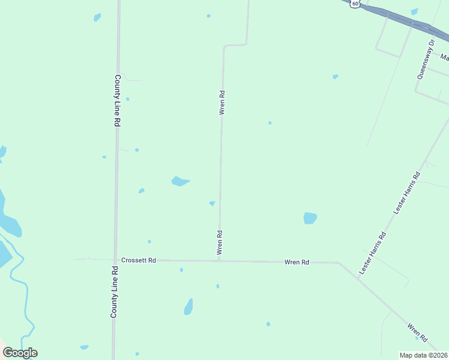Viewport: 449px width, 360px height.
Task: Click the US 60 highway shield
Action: pos(356,4)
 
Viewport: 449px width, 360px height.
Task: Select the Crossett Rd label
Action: pos(138,260)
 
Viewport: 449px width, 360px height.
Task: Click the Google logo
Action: pos(20,353)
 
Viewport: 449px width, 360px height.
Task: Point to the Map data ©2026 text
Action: pos(424,355)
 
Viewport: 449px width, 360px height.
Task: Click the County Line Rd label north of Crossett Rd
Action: pos(118,100)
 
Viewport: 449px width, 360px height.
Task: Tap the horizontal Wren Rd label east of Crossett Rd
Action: pos(297,262)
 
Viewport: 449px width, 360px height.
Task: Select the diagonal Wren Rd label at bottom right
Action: pos(417,334)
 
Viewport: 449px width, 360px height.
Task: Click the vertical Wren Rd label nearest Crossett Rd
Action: pos(220,243)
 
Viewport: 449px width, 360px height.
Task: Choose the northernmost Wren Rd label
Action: pos(222,103)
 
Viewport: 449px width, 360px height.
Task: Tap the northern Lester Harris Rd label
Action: pos(407,193)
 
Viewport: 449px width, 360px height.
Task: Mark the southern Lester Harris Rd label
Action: pos(373,254)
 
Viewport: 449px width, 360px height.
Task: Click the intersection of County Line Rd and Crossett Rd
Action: pos(115,260)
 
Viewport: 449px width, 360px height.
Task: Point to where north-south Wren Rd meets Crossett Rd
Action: pos(220,260)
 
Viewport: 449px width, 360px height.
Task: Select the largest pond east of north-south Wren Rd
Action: pos(310,218)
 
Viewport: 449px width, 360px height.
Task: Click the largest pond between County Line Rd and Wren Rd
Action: pos(180,181)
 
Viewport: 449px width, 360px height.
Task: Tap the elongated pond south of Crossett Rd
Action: pos(188,307)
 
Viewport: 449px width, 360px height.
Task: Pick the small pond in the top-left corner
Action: pos(97,17)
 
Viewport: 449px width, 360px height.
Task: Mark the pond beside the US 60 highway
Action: pos(414,11)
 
